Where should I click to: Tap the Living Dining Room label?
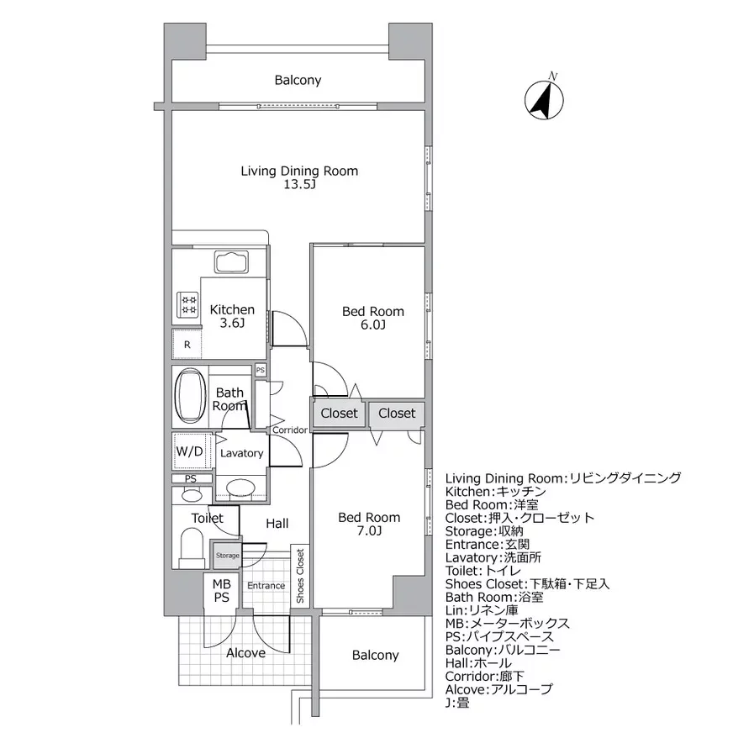[299, 171]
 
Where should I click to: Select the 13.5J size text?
[299, 185]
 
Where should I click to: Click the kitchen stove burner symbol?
[187, 303]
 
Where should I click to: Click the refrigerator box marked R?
[187, 344]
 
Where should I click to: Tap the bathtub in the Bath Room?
[190, 397]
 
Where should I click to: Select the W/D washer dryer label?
[189, 451]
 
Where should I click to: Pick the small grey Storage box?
[227, 555]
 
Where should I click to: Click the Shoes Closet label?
[300, 577]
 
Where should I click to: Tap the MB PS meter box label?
[221, 591]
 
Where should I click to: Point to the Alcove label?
[246, 652]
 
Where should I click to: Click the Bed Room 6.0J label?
[372, 318]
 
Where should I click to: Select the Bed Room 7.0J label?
[369, 524]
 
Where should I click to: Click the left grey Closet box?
[339, 414]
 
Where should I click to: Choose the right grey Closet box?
[396, 414]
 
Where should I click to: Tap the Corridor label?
[289, 430]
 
